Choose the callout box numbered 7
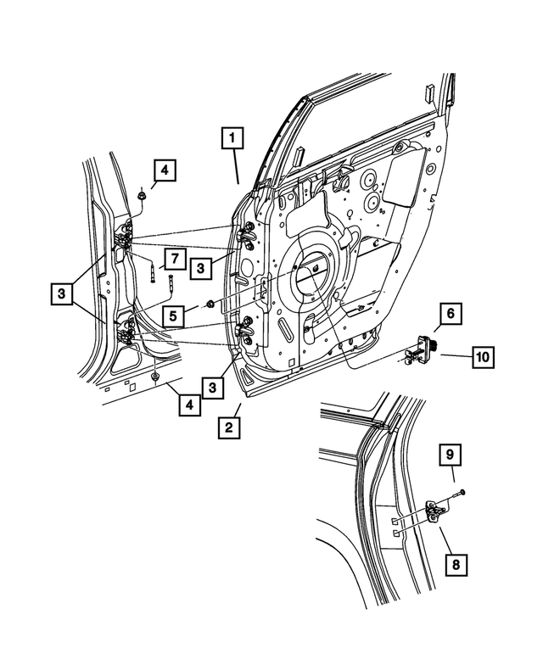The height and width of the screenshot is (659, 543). (172, 259)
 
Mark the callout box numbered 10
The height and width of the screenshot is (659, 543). (481, 358)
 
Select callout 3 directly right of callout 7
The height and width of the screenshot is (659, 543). (202, 268)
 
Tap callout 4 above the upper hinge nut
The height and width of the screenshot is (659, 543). (165, 171)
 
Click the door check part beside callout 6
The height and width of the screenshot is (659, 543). (421, 349)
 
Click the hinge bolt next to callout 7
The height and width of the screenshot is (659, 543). (154, 273)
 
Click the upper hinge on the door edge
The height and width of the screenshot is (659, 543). (249, 234)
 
